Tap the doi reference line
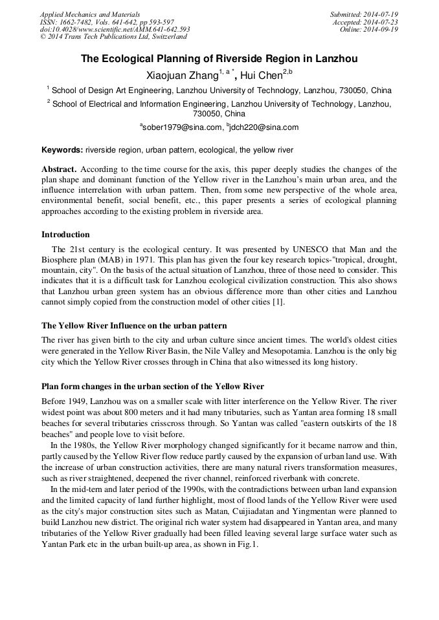coord(115,30)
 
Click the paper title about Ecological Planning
coord(219,59)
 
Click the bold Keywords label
coord(62,150)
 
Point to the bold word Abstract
coord(59,168)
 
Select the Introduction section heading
coord(65,235)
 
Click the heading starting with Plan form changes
coord(153,387)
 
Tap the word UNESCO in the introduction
coord(295,250)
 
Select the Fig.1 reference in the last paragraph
coord(247,545)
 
